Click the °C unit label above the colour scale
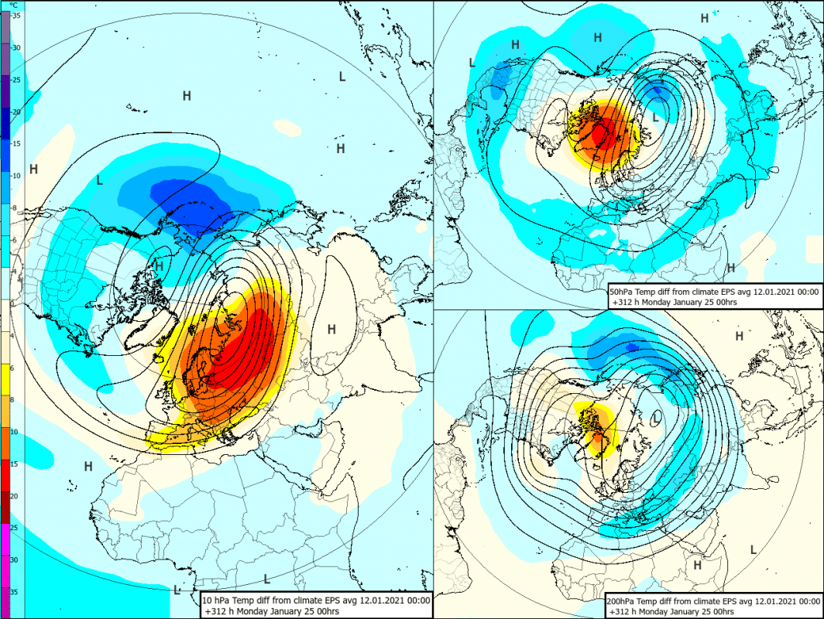pyautogui.click(x=14, y=5)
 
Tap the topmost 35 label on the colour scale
pyautogui.click(x=15, y=15)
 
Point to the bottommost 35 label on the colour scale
pyautogui.click(x=15, y=592)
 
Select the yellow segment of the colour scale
pyautogui.click(x=5, y=380)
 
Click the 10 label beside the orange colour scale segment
pyautogui.click(x=15, y=431)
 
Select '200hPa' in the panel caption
pyautogui.click(x=625, y=600)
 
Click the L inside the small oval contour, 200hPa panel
pyautogui.click(x=657, y=417)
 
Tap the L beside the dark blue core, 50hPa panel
pyautogui.click(x=656, y=118)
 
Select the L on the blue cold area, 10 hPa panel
pyautogui.click(x=99, y=180)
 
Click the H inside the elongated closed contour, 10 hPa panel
pyautogui.click(x=331, y=330)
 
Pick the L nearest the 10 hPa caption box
pyautogui.click(x=177, y=590)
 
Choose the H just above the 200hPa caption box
pyautogui.click(x=697, y=566)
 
